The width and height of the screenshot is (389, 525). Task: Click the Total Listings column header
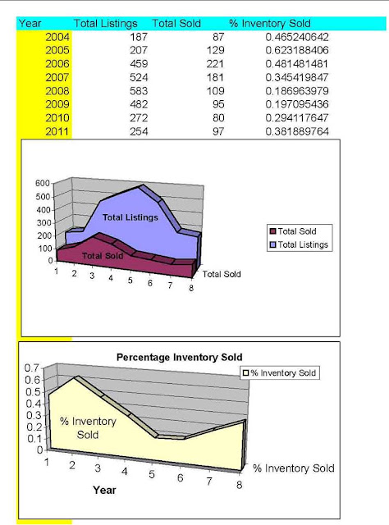pyautogui.click(x=106, y=24)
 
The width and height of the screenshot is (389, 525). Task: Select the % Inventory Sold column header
pyautogui.click(x=270, y=24)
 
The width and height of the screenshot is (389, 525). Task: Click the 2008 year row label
pyautogui.click(x=57, y=91)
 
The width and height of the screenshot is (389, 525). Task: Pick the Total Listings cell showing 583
pyautogui.click(x=139, y=91)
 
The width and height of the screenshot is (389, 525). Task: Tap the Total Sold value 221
pyautogui.click(x=215, y=64)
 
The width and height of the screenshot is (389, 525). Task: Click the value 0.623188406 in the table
pyautogui.click(x=297, y=50)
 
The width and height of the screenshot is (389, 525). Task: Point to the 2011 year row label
pyautogui.click(x=57, y=131)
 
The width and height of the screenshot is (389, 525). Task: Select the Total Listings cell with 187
pyautogui.click(x=139, y=37)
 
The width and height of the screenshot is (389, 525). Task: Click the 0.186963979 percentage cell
pyautogui.click(x=297, y=91)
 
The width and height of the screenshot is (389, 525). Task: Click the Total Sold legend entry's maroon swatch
pyautogui.click(x=273, y=231)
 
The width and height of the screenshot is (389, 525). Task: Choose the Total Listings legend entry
pyautogui.click(x=299, y=244)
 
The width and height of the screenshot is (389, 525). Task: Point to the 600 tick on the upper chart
pyautogui.click(x=43, y=183)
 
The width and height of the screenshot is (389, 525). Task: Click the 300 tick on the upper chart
pyautogui.click(x=43, y=222)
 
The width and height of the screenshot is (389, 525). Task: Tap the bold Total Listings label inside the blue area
pyautogui.click(x=130, y=217)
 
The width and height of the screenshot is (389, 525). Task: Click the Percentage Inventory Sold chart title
pyautogui.click(x=179, y=358)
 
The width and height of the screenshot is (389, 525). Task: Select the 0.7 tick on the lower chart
pyautogui.click(x=32, y=368)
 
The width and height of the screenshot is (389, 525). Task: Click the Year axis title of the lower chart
pyautogui.click(x=104, y=491)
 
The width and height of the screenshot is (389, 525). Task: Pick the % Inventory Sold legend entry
pyautogui.click(x=279, y=373)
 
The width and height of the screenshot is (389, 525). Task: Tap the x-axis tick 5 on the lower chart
pyautogui.click(x=152, y=474)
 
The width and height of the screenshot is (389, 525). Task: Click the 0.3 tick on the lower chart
pyautogui.click(x=33, y=415)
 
